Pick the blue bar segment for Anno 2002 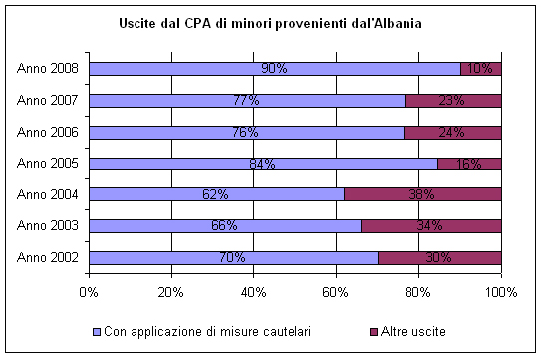point(159,257)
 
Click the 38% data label point(422,194)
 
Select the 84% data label point(262,164)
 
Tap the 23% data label point(453,100)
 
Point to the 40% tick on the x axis point(253,292)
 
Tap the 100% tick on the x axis point(500,292)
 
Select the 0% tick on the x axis point(89,292)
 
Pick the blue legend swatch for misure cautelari point(96,331)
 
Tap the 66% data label point(225,226)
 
